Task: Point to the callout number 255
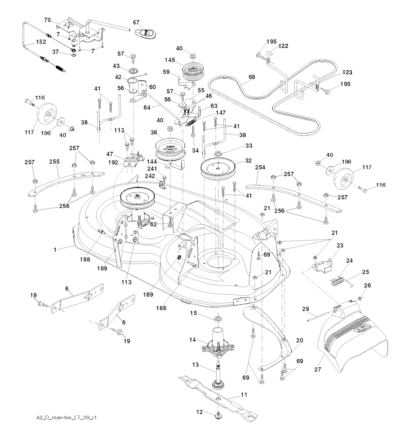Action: pos(55,162)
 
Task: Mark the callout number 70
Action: pos(47,19)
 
